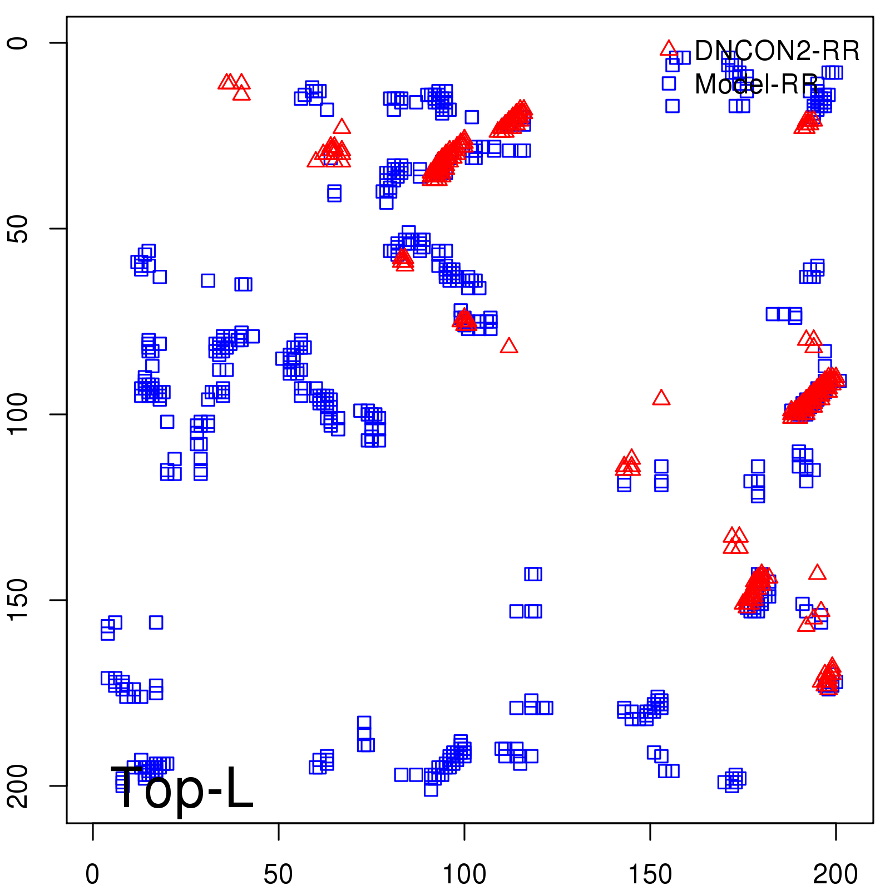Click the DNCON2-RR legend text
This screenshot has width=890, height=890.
(x=777, y=51)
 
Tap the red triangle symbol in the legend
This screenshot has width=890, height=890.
(x=669, y=48)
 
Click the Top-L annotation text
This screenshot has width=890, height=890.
(x=182, y=788)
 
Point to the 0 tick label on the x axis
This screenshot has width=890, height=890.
(x=92, y=874)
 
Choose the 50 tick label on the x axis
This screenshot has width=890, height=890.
(x=278, y=874)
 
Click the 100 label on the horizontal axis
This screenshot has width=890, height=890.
(x=464, y=874)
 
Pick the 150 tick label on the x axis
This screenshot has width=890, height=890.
(x=650, y=874)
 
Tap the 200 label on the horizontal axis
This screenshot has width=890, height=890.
(x=835, y=874)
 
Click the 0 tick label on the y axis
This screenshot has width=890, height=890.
(x=18, y=43)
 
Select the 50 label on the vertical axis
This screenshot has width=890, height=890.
(x=18, y=229)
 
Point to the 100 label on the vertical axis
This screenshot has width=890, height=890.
(x=18, y=414)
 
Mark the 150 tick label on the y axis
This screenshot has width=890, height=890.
(x=18, y=600)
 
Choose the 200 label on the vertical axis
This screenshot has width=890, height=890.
(x=18, y=786)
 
